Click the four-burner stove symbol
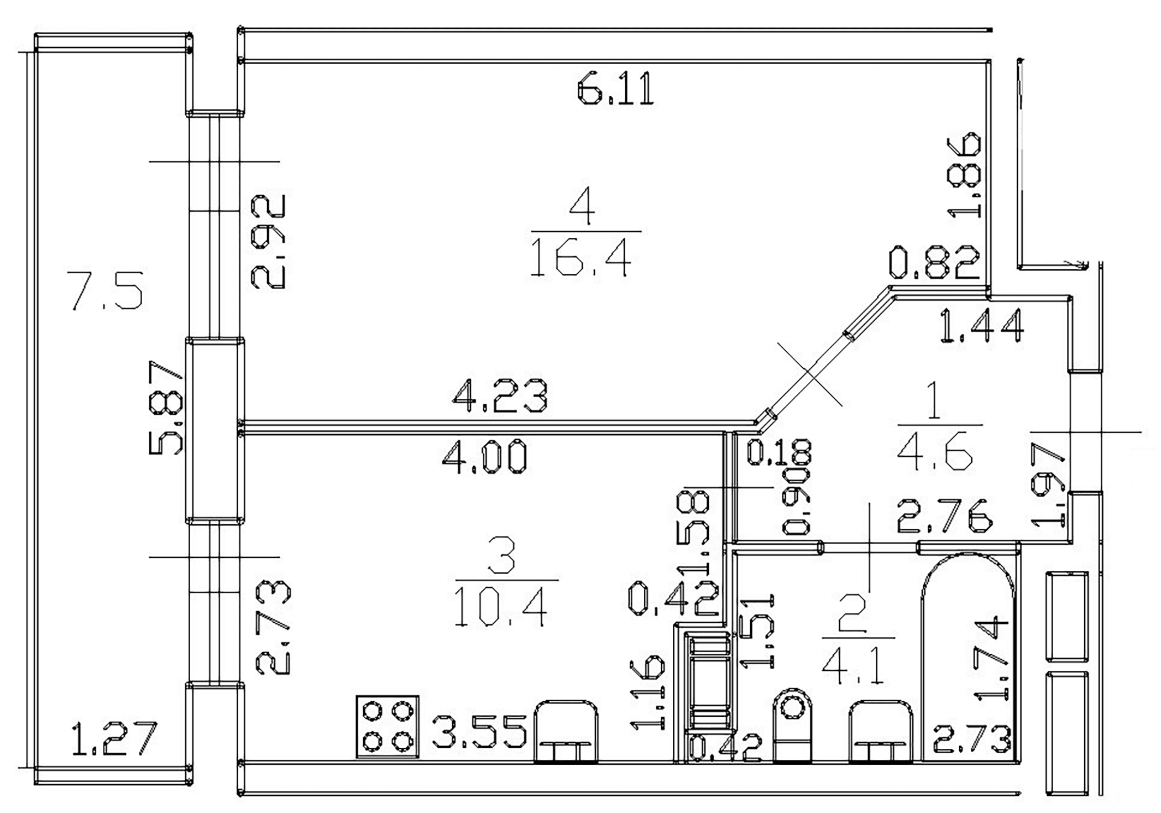coord(387,726)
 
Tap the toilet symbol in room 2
coord(793,725)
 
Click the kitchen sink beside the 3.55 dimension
coord(566,731)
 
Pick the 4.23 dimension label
coord(500,395)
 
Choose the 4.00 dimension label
coord(485,457)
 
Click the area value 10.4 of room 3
coord(500,607)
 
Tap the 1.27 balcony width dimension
coord(114,738)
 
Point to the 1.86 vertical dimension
coord(964,175)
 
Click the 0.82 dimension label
coord(934,262)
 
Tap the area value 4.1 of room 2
coord(856,666)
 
